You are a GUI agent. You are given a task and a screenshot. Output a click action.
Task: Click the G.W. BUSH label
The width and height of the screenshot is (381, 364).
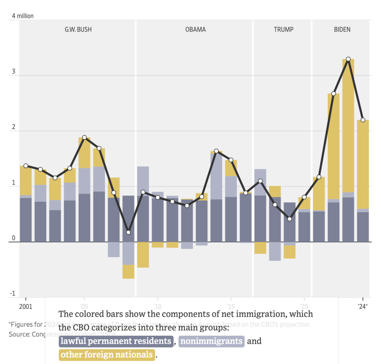coord(78,29)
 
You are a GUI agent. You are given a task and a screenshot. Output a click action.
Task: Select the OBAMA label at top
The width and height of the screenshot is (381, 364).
coord(195,29)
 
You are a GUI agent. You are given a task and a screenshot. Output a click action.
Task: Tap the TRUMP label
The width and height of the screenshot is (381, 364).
coord(284,29)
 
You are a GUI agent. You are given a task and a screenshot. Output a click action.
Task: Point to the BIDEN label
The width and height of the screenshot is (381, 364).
coord(342,29)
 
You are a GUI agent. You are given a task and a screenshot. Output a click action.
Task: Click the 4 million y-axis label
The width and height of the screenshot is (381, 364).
coord(23,16)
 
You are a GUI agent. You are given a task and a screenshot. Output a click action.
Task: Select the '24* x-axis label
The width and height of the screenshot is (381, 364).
coord(362,306)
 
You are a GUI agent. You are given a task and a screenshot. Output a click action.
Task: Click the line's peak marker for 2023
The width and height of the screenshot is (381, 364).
coord(348,59)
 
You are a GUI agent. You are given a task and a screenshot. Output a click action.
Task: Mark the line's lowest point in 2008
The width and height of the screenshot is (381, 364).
coord(128,232)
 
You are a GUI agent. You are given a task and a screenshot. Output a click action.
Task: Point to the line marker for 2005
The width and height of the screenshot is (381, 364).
coord(84,137)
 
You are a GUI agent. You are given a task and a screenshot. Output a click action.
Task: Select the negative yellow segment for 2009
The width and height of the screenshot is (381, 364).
coord(143,255)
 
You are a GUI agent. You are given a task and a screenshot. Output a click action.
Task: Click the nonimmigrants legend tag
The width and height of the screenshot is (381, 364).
coord(211,341)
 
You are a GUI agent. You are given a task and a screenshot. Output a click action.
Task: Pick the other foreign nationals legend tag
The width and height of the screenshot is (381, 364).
coord(106,355)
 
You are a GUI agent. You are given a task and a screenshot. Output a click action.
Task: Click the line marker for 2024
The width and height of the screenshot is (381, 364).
coord(363,120)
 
